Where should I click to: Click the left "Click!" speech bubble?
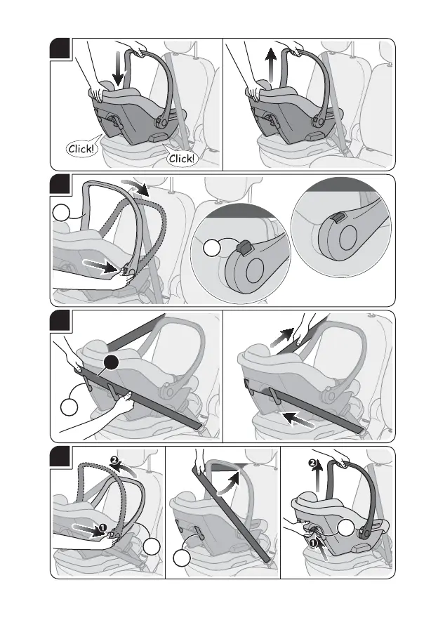pyautogui.click(x=82, y=149)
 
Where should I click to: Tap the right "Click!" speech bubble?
pyautogui.click(x=182, y=159)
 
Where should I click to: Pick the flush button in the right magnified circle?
pyautogui.click(x=338, y=220)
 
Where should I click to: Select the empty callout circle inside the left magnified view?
pyautogui.click(x=213, y=250)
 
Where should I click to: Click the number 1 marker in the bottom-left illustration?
pyautogui.click(x=102, y=526)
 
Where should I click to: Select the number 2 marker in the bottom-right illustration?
pyautogui.click(x=314, y=464)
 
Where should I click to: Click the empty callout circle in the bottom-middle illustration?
pyautogui.click(x=181, y=560)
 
